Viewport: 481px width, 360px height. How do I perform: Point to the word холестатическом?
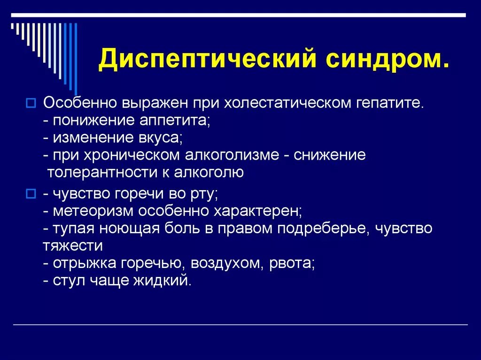pyautogui.click(x=285, y=102)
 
